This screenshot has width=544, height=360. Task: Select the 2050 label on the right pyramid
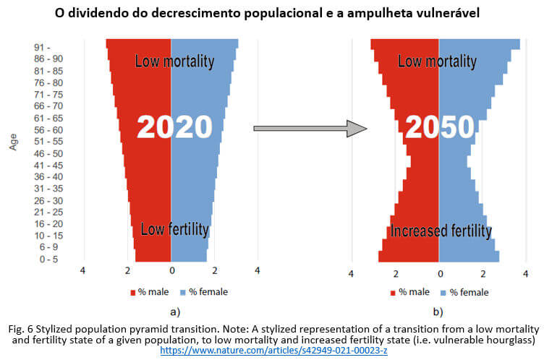(439, 128)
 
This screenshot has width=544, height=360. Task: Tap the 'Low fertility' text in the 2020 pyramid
(174, 230)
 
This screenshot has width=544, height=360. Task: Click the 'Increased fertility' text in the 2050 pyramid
(441, 231)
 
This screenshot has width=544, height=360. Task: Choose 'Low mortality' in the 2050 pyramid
(438, 61)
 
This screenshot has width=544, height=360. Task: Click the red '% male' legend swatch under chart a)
(134, 292)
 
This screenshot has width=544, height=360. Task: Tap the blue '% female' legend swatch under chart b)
(443, 292)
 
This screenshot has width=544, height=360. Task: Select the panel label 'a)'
(174, 312)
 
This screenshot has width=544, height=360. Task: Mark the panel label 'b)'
(439, 312)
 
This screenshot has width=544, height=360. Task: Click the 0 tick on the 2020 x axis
(171, 273)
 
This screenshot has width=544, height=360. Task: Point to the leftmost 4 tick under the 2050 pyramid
(352, 274)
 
